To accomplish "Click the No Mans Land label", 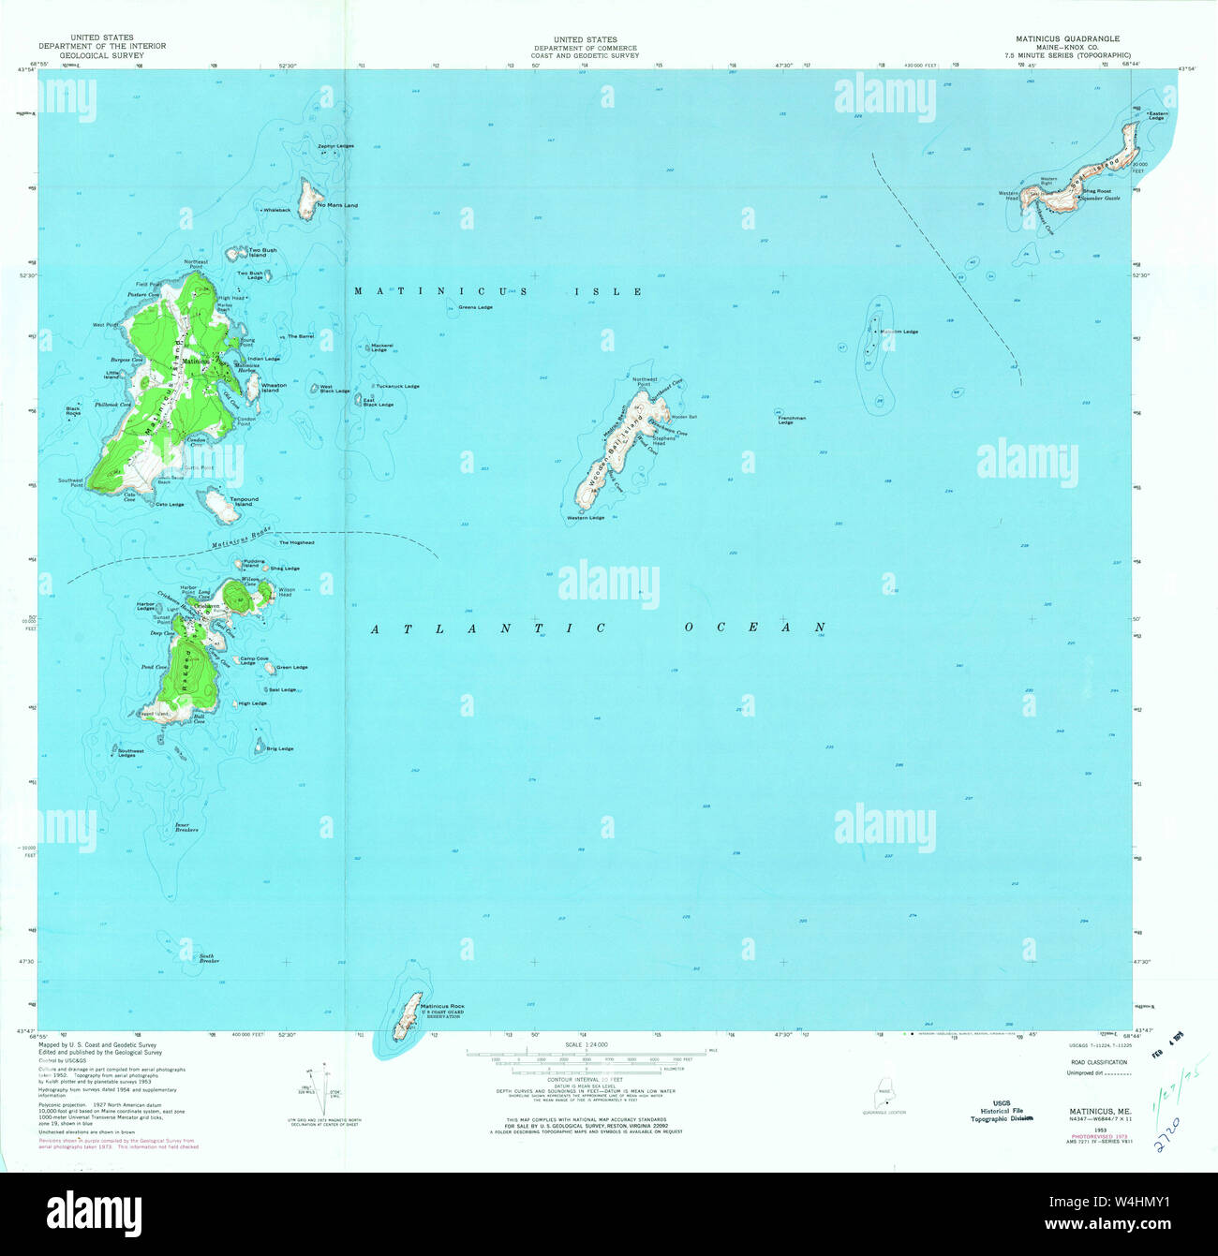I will point(338,205).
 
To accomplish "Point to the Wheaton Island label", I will point(274,388).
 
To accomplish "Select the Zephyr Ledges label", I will point(335,146).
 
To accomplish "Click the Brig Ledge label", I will point(279,748).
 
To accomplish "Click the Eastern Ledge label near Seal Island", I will point(1158,115).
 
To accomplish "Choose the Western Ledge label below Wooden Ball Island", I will point(586,518).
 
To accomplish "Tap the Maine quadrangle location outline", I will point(884,1096).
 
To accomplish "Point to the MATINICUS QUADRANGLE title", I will point(1067,39).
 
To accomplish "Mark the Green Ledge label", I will point(291,668).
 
